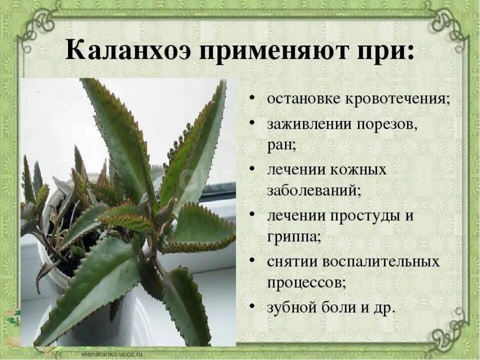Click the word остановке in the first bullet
point(303,99)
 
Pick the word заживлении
point(310,125)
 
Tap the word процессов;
point(307,283)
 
